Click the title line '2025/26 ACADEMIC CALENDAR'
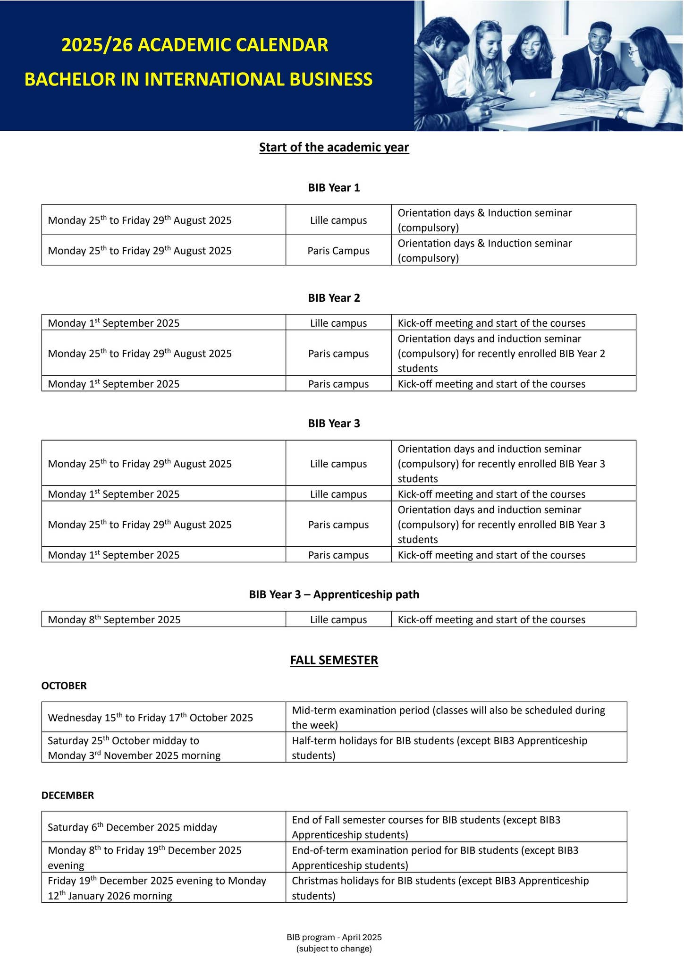(195, 45)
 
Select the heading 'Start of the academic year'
(334, 147)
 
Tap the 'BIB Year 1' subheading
(334, 188)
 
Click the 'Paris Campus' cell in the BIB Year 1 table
(338, 251)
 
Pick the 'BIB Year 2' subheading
(334, 298)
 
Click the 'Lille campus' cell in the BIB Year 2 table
(338, 323)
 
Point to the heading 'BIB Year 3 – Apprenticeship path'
(334, 594)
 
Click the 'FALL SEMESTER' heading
(334, 660)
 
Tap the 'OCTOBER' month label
(64, 686)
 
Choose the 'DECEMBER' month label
(68, 795)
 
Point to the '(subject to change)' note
(334, 949)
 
